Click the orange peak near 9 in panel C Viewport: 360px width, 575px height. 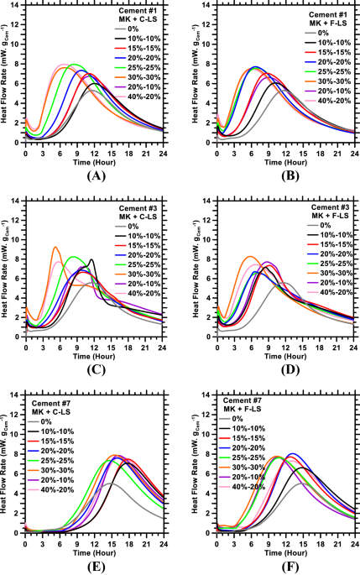tap(55, 224)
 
